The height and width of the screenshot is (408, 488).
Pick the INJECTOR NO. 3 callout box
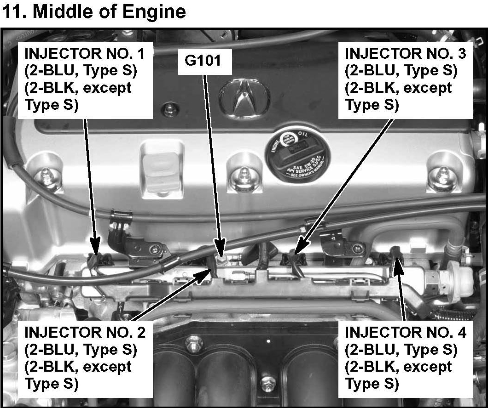coord(405,79)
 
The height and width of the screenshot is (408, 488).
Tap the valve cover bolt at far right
coord(442,177)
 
